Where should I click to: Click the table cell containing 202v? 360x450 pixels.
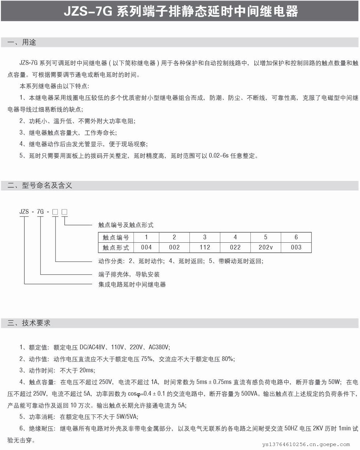265,247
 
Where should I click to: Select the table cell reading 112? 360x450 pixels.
205,247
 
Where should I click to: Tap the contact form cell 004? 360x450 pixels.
146,247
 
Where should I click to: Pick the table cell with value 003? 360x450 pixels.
296,247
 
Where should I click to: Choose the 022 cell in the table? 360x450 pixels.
235,247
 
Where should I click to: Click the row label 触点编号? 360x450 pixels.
116,237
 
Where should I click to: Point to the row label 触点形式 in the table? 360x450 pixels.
116,247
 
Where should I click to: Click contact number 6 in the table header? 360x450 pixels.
296,237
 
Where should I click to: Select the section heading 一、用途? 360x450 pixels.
22,42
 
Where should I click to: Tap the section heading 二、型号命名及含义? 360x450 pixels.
40,185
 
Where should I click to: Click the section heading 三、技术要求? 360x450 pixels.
29,323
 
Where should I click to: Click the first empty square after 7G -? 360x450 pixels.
55,212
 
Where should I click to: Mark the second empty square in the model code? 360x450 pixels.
64,212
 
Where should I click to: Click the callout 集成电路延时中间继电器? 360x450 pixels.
132,284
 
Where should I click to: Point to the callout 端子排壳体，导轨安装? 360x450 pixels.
129,274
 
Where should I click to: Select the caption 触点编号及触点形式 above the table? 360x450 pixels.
126,225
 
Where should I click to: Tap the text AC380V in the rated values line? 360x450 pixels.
159,347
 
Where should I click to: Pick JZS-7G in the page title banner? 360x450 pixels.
88,12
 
